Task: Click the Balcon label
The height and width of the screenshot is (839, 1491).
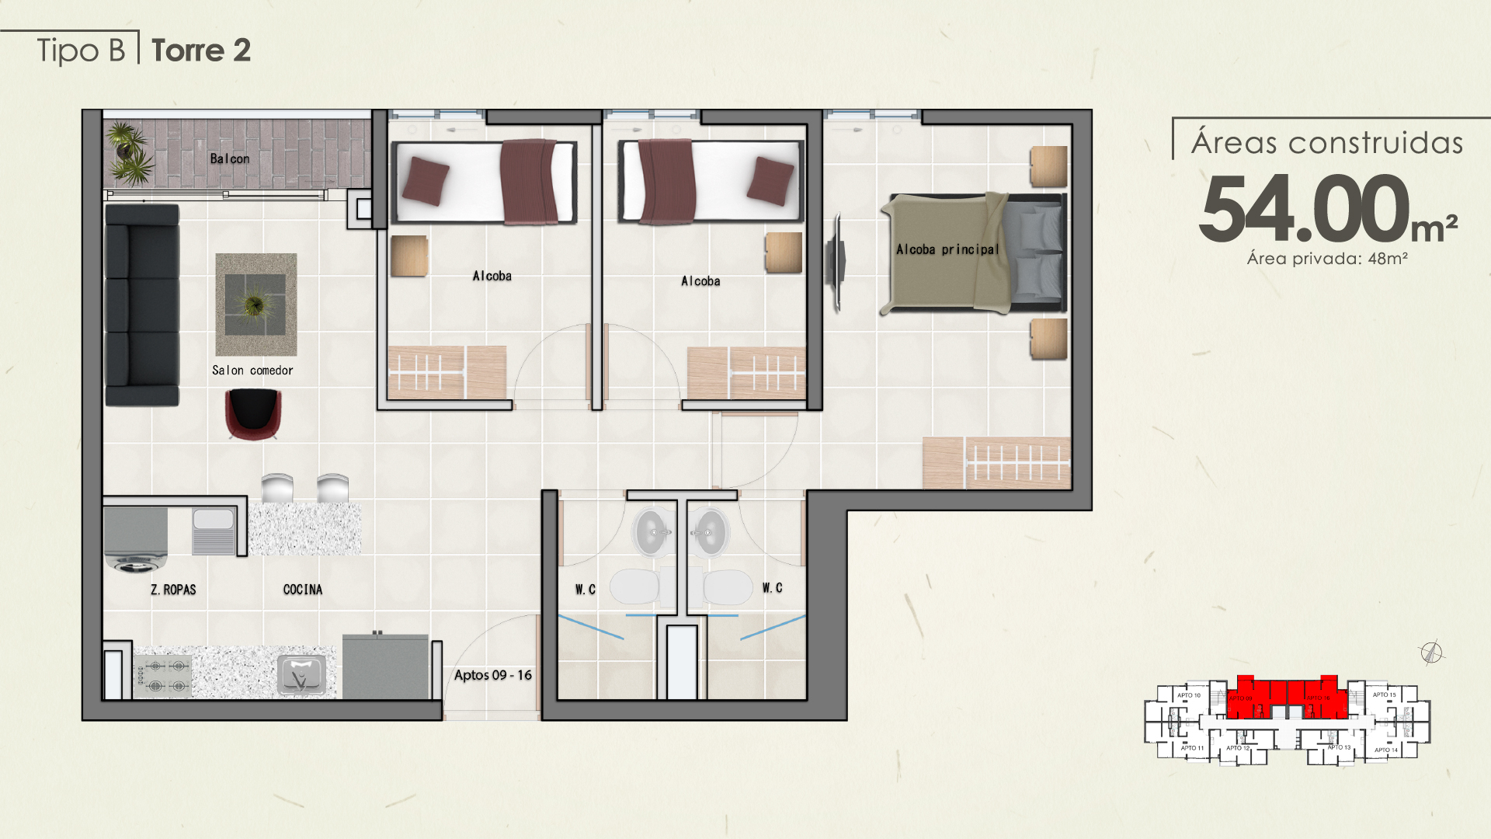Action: click(230, 158)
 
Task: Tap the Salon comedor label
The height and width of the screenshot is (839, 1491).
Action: click(252, 371)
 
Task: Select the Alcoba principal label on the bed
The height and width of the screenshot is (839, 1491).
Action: click(947, 249)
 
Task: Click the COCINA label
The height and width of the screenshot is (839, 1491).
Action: click(303, 590)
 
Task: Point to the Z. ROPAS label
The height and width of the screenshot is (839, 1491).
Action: click(173, 590)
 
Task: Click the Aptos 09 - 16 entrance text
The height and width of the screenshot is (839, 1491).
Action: click(493, 675)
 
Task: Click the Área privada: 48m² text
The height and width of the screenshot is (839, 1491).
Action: click(1327, 259)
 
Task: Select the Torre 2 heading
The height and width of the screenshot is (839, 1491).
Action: click(201, 50)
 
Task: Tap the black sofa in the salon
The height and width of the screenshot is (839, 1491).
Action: click(142, 305)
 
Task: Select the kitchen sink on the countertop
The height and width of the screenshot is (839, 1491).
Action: click(301, 674)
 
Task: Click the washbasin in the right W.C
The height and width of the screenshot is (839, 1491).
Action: click(708, 532)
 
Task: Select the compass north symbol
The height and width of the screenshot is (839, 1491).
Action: click(1432, 653)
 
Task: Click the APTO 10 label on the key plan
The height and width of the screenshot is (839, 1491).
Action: click(1188, 695)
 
